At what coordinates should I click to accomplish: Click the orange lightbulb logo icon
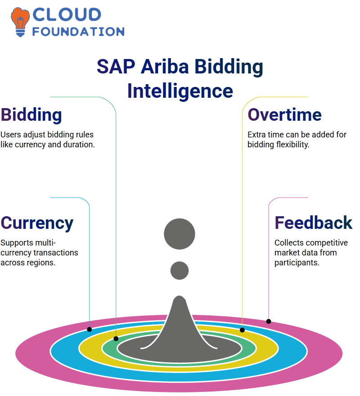[20, 22]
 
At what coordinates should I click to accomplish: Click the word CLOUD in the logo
[67, 14]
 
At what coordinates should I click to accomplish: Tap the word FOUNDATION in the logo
[78, 32]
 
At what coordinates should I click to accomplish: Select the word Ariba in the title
[165, 66]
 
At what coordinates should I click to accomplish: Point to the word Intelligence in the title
[180, 91]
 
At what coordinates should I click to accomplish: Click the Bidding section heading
[31, 115]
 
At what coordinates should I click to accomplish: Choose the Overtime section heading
[284, 115]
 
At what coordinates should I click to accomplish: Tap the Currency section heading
[37, 223]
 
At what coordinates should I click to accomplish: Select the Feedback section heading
[313, 223]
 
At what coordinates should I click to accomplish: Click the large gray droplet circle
[180, 234]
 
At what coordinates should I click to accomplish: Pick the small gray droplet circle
[180, 270]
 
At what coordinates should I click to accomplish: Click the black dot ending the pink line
[269, 321]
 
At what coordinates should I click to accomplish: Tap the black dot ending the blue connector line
[90, 329]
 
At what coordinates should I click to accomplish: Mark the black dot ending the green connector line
[116, 339]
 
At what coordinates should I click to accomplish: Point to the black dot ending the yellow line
[242, 330]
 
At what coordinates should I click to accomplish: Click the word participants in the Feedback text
[297, 263]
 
